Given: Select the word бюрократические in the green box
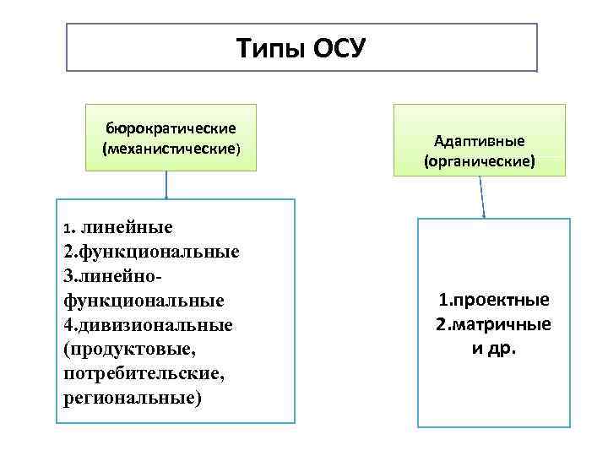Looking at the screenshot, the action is [x=171, y=128].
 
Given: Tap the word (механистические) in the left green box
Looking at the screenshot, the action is [x=171, y=149].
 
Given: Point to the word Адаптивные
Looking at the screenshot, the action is [x=479, y=139].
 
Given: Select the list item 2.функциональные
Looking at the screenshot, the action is [x=151, y=252].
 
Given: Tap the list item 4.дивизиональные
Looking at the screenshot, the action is [x=148, y=325].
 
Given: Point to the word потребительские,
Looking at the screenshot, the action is [x=143, y=373].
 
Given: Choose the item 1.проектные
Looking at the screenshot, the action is [x=494, y=301].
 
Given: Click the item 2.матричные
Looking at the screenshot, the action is [x=493, y=324].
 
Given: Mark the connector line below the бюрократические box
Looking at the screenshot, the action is [x=166, y=185].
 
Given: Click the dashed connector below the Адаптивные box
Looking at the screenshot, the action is [x=482, y=197].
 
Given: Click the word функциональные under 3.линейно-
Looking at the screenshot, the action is [x=144, y=301].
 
